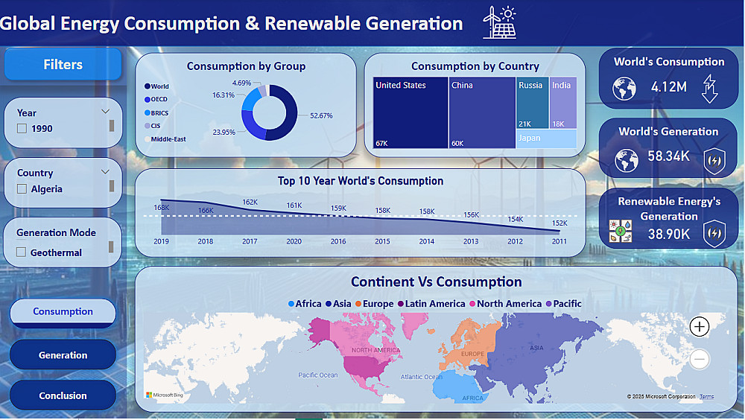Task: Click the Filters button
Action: click(63, 64)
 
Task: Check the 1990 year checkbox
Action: click(22, 128)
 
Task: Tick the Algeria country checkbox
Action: click(22, 188)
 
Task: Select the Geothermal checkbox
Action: click(22, 252)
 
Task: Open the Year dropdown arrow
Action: click(106, 112)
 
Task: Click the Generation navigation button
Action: click(63, 355)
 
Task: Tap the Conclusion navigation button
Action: click(63, 395)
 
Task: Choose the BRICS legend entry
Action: click(156, 113)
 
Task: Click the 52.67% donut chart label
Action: click(321, 115)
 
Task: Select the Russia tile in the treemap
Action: click(532, 103)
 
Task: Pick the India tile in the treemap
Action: click(563, 103)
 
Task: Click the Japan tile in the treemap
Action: click(546, 139)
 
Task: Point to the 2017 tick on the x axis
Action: click(250, 241)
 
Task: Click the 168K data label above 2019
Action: click(162, 208)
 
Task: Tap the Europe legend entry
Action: click(375, 304)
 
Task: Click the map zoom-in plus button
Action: click(700, 326)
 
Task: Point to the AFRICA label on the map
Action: click(473, 398)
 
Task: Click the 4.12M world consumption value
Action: click(669, 87)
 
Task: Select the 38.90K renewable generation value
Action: click(669, 234)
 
